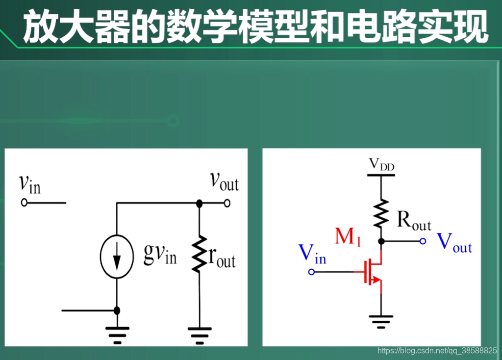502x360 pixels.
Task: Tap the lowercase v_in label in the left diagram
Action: click(x=29, y=184)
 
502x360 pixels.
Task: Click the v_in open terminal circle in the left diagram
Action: click(x=24, y=203)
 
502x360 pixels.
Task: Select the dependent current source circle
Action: click(x=117, y=257)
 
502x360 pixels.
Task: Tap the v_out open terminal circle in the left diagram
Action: click(x=226, y=203)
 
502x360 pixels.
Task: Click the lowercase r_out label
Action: click(x=222, y=258)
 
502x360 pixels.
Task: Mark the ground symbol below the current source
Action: click(x=117, y=334)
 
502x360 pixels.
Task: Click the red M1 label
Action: click(x=348, y=237)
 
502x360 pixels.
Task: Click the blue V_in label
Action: click(x=312, y=254)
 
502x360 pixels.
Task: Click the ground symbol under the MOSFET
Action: click(x=381, y=321)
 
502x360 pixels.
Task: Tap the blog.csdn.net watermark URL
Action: click(x=437, y=351)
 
